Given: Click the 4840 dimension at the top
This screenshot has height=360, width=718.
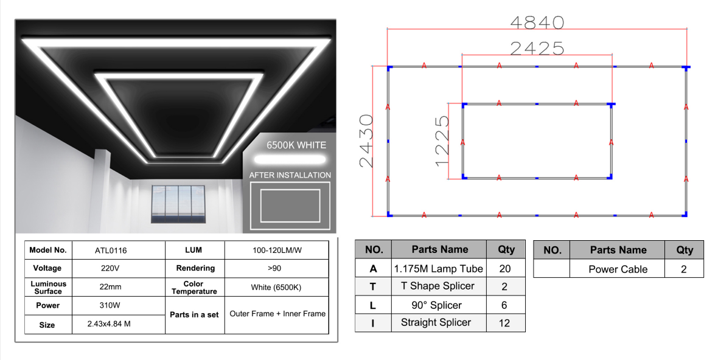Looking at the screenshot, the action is (x=537, y=22).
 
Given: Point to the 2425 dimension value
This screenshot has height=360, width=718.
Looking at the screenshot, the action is (x=537, y=49).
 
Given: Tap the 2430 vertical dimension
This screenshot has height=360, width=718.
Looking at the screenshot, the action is (x=366, y=141).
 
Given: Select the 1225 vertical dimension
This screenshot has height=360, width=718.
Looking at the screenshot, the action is (x=442, y=141).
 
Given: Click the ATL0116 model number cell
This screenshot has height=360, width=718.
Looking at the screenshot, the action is (x=111, y=251).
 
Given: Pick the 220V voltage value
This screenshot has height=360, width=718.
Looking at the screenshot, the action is (x=110, y=269).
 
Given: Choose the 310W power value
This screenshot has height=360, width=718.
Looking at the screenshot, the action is (x=110, y=305).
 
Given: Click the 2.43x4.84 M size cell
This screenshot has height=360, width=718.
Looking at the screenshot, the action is (x=109, y=324).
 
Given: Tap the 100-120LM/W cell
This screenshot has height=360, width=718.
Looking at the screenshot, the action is (x=277, y=251).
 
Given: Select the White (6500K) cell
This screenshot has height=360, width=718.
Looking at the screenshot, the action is (x=276, y=287).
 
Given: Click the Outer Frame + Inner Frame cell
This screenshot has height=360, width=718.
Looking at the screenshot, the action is (x=277, y=314).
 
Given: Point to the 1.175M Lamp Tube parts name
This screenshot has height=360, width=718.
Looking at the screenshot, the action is (x=439, y=269).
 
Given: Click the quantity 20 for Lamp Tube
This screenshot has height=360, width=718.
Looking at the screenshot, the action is (x=505, y=269).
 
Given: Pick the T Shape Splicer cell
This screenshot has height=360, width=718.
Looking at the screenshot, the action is (x=437, y=286).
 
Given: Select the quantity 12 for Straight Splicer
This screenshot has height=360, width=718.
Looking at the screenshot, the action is (x=504, y=323).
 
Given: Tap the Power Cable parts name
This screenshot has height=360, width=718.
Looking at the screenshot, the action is (x=618, y=269).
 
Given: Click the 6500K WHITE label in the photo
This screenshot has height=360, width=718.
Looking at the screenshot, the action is (x=296, y=145).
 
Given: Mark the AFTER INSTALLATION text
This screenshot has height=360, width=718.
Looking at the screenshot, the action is (x=290, y=175).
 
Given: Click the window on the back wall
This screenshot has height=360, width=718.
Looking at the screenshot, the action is (x=178, y=204).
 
